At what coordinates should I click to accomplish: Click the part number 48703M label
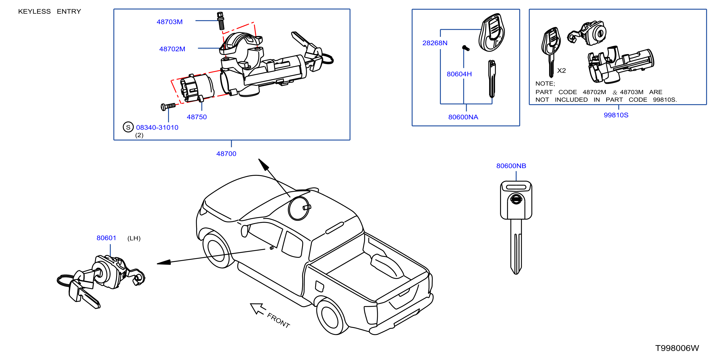170,22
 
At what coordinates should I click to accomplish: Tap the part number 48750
197,117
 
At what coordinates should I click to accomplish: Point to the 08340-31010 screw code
157,127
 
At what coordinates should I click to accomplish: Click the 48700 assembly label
226,154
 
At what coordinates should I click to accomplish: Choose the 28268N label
435,43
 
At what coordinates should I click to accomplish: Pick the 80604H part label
459,74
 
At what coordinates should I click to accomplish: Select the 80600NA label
463,117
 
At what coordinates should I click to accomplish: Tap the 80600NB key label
511,166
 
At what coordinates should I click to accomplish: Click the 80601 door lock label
106,238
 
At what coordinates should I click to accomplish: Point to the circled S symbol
128,127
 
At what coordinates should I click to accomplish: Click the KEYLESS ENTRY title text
50,11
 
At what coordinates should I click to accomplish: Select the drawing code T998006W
677,348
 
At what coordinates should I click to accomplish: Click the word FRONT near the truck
279,320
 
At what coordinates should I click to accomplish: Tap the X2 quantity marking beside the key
561,70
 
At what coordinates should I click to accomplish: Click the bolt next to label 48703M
221,21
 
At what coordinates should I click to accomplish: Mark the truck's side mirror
244,231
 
